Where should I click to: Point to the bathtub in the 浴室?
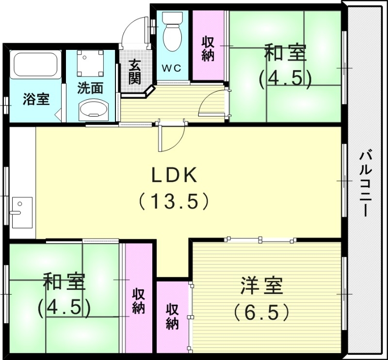(x=36, y=65)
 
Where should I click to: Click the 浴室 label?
(x=36, y=100)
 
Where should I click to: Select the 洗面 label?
(x=91, y=88)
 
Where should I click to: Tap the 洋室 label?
(x=261, y=286)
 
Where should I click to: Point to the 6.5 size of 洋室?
(x=261, y=312)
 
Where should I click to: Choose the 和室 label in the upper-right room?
(x=285, y=53)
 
